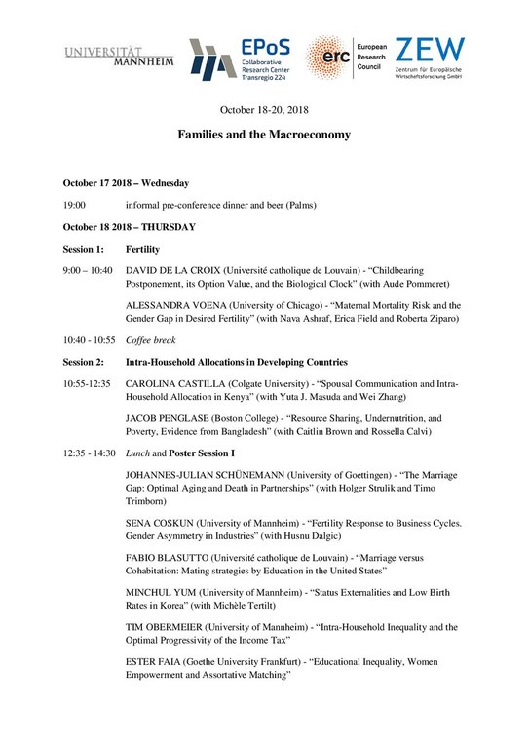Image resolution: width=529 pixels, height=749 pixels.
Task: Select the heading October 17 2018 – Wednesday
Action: (x=126, y=182)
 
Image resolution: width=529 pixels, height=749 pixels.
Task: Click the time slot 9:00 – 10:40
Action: (x=88, y=270)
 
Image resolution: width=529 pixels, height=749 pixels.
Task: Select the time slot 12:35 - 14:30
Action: (x=90, y=453)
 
